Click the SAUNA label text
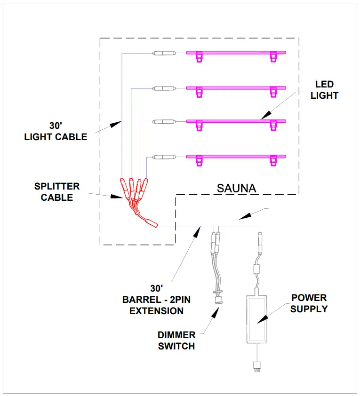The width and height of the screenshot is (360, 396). (x=236, y=188)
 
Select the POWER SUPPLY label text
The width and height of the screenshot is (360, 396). (x=309, y=303)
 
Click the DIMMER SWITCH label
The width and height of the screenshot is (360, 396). (x=176, y=341)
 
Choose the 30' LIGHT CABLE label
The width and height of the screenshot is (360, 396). (x=56, y=132)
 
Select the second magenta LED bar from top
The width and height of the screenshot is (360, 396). (x=236, y=87)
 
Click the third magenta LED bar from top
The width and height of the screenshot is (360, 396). (x=236, y=122)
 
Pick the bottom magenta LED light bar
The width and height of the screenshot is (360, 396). (x=236, y=156)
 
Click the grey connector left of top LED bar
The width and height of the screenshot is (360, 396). (x=164, y=53)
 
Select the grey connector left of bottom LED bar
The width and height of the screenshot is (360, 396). (x=165, y=157)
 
